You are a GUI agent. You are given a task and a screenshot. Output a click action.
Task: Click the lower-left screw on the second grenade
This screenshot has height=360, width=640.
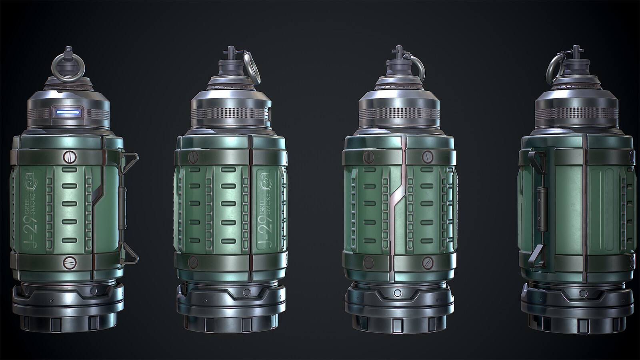194,262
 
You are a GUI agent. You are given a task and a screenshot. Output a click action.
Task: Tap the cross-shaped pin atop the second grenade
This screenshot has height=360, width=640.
231,51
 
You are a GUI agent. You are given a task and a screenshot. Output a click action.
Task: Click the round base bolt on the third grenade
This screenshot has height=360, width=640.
398,294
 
